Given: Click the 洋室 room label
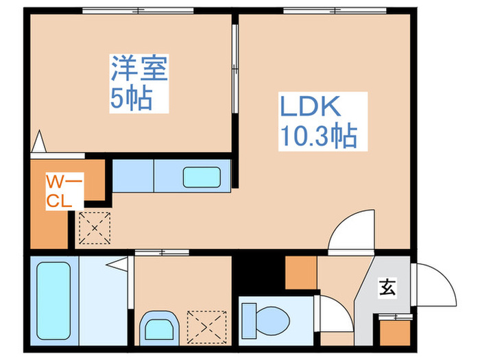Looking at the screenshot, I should click(141, 70).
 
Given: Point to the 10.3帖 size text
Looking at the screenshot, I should click(317, 137).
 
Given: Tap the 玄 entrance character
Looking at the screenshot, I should click(387, 289).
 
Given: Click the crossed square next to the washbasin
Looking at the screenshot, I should click(207, 325).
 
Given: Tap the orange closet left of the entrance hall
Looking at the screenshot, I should click(300, 272).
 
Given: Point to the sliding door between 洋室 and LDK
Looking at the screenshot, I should click(235, 69).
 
